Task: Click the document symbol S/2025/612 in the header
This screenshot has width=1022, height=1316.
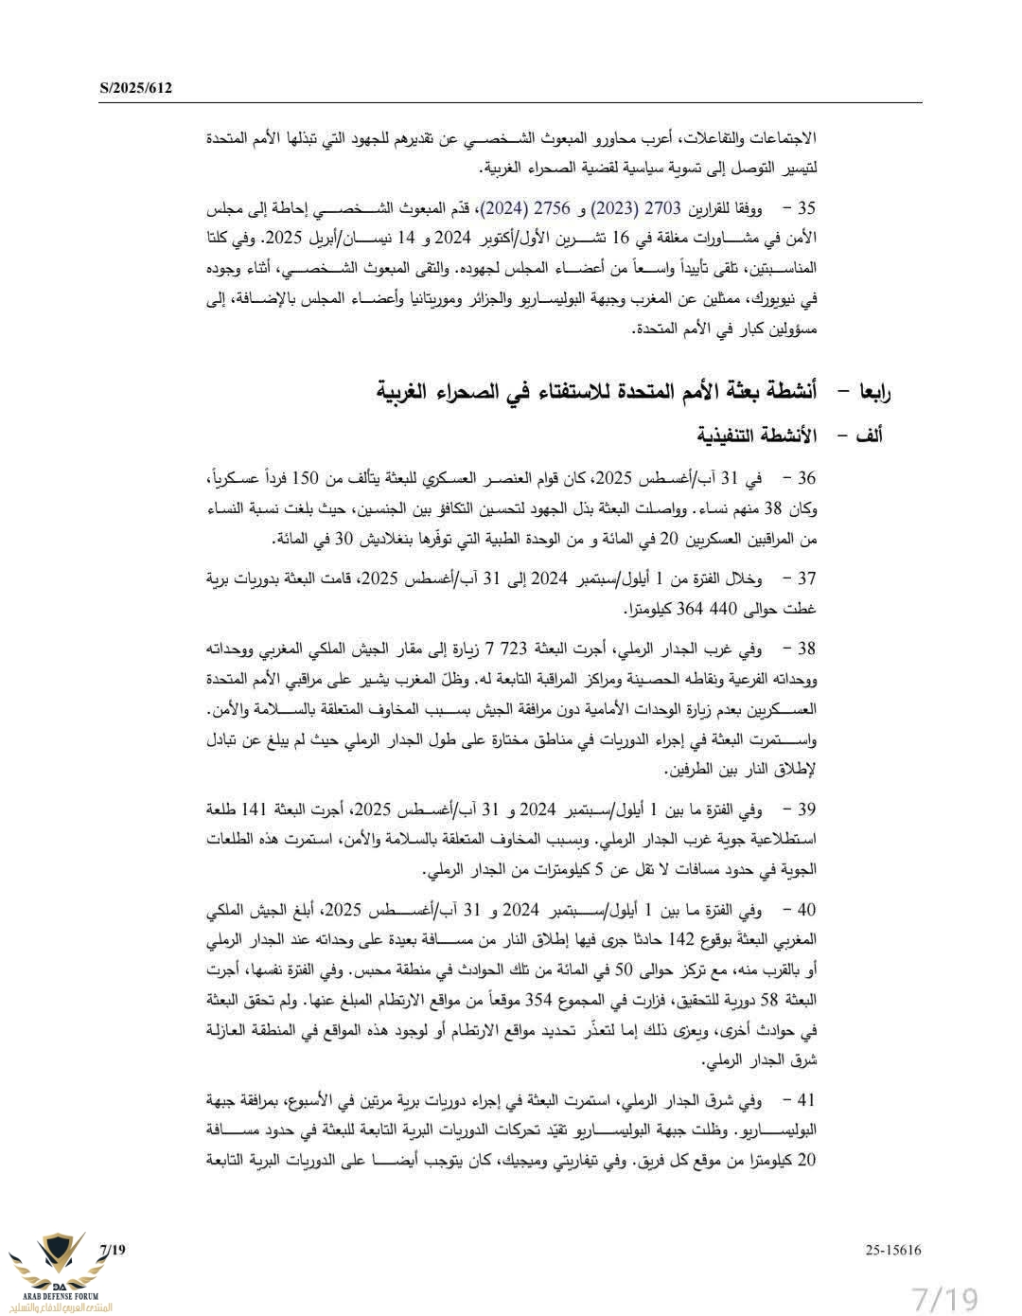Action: tap(135, 89)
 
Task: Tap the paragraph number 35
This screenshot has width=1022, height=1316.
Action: tap(806, 208)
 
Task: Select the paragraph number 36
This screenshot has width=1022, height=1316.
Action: tap(806, 478)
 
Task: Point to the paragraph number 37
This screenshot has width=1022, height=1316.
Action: tap(806, 578)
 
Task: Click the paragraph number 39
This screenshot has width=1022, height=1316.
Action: tap(806, 809)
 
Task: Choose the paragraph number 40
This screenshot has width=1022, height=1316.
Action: tap(806, 911)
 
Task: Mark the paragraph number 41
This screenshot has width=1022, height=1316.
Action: tap(806, 1100)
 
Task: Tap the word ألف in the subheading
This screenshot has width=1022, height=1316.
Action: tap(869, 436)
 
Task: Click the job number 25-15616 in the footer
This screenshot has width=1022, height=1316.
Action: tap(892, 1250)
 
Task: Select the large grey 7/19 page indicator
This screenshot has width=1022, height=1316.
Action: tap(944, 1297)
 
